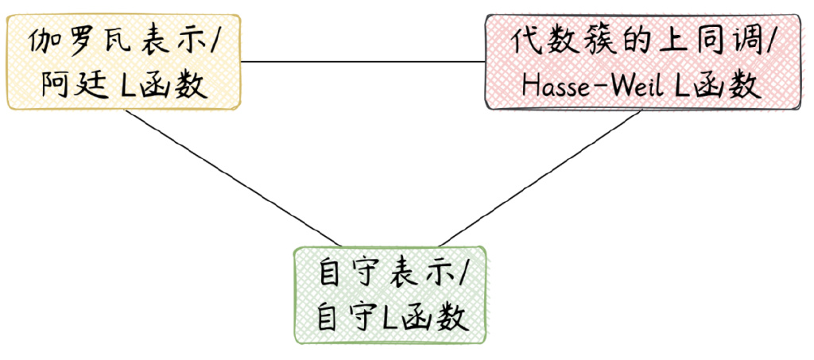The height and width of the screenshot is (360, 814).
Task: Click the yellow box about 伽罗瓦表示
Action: tap(123, 62)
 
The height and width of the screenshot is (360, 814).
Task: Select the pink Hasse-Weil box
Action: tap(644, 62)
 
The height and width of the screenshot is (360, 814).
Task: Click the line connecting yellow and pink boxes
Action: tap(362, 62)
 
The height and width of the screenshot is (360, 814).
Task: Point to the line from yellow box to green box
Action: tap(233, 177)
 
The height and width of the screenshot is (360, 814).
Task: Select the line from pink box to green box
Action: tap(540, 178)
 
